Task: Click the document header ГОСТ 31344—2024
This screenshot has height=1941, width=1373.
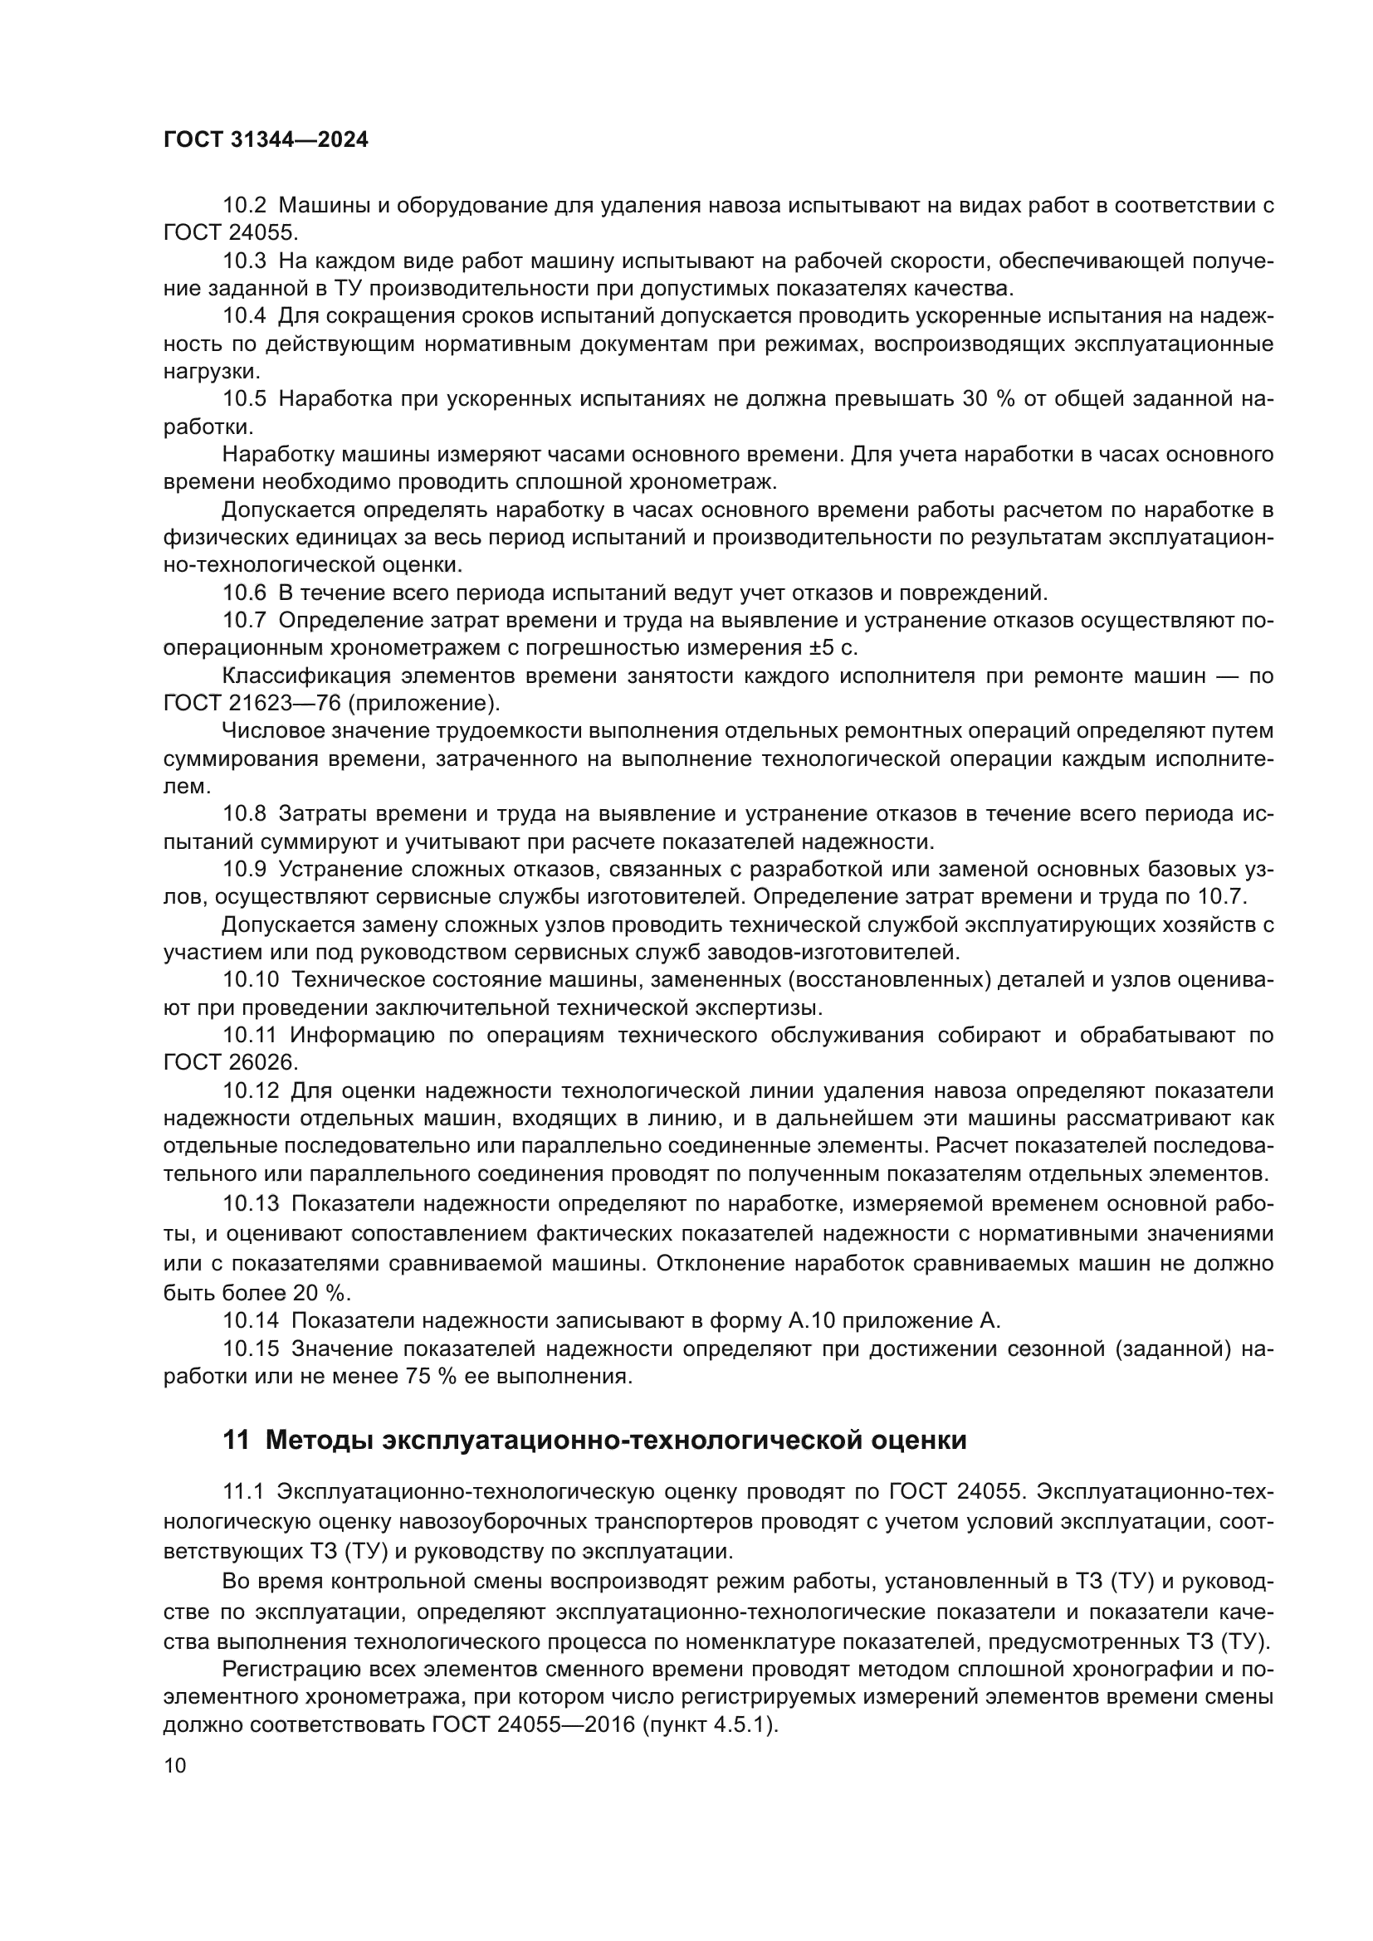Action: point(266,140)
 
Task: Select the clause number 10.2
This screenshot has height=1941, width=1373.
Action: point(244,206)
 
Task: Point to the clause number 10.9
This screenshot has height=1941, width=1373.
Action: point(244,869)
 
